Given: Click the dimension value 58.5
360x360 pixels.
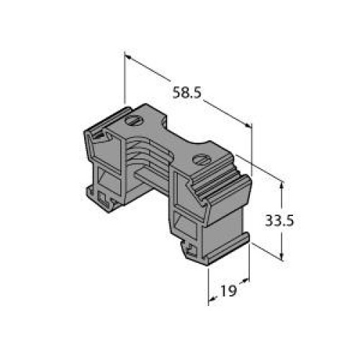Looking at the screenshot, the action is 187,93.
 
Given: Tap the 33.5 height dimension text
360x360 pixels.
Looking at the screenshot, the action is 279,220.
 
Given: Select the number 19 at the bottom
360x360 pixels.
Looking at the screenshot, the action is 228,291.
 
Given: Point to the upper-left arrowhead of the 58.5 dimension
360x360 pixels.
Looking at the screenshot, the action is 127,57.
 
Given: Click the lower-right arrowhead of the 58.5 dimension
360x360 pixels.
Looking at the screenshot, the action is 248,125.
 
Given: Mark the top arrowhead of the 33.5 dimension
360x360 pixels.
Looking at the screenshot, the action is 282,185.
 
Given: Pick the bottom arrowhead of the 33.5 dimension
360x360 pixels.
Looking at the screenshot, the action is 282,256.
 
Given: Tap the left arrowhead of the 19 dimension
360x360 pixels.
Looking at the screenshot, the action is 212,299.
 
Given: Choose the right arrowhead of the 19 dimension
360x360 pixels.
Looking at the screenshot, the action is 246,280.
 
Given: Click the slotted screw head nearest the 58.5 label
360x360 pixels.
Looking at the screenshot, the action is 132,120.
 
